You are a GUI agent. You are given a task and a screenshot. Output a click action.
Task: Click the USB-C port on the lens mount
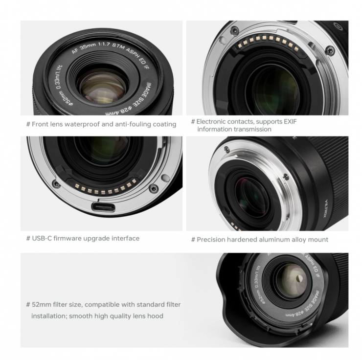click(x=103, y=207)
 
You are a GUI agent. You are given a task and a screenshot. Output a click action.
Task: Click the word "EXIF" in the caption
click(x=290, y=121)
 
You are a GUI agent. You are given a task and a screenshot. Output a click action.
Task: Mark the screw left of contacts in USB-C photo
click(x=56, y=184)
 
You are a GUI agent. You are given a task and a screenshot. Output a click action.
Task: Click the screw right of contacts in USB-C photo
click(x=153, y=188)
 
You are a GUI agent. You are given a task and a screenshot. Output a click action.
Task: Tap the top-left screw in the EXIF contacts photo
click(x=235, y=30)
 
